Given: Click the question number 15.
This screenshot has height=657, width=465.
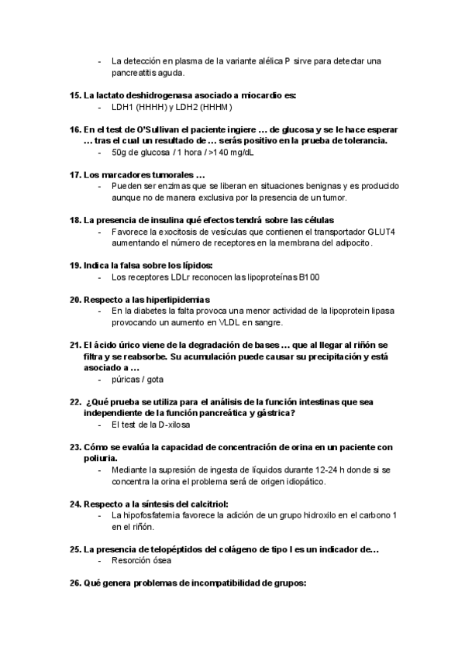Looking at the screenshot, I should point(75,95).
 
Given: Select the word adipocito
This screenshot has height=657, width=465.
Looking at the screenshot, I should point(353,243).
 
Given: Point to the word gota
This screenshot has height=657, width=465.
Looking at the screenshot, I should point(153,380).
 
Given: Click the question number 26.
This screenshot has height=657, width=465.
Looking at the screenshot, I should point(75,583).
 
